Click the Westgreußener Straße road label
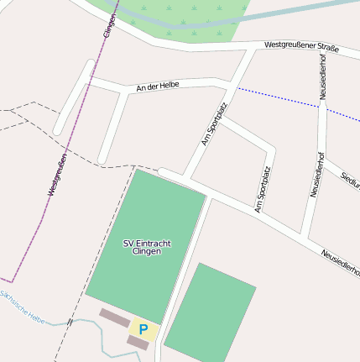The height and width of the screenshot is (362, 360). tap(301, 47)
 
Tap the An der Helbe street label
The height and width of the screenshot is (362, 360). tap(159, 86)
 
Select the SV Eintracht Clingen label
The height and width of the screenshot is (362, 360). tap(147, 247)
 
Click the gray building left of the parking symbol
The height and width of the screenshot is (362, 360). tap(114, 317)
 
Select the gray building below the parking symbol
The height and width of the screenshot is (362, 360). tap(138, 343)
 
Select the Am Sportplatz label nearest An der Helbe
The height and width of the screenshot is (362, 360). tap(216, 124)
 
